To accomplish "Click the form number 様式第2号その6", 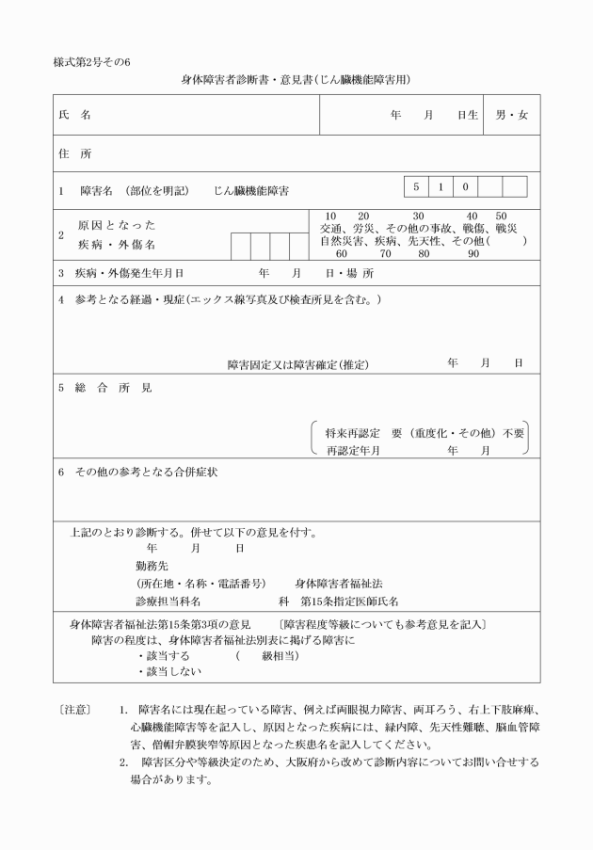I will (92, 63).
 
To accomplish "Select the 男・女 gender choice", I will (512, 115).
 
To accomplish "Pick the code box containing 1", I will (441, 186).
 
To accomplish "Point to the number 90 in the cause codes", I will (473, 254).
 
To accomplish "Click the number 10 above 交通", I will (330, 216).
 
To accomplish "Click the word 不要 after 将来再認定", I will (514, 434).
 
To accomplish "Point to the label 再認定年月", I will (352, 451).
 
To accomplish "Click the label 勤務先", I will (152, 566).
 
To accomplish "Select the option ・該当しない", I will (169, 672).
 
